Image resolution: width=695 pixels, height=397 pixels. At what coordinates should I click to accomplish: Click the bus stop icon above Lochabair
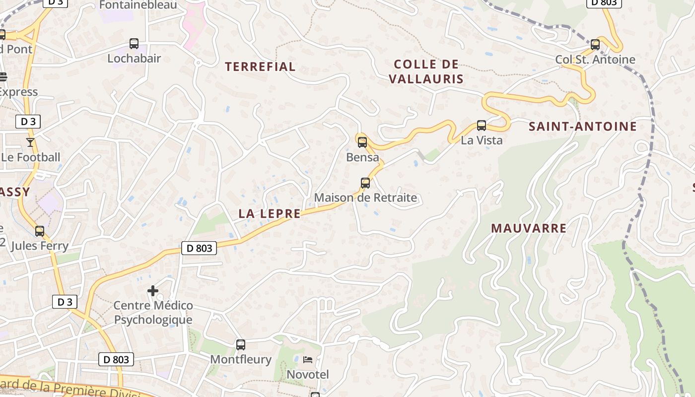pos(134,44)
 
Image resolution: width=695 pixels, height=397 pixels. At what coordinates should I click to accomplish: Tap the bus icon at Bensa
pos(362,142)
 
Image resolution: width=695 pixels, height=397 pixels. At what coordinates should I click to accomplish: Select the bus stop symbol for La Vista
pos(481,126)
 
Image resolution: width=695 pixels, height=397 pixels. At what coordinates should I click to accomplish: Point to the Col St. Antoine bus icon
pos(595,45)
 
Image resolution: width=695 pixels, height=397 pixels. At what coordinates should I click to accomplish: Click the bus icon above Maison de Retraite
pos(365,183)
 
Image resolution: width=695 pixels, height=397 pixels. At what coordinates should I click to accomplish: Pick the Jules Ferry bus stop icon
pos(40,231)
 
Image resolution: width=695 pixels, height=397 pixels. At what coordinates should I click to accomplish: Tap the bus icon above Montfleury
pos(241,344)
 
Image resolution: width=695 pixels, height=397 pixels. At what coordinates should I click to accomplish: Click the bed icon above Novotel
pos(308,359)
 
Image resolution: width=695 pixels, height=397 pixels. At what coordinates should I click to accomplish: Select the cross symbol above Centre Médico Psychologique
pos(153,290)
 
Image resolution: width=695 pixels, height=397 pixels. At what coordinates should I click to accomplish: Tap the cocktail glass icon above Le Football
pos(30,142)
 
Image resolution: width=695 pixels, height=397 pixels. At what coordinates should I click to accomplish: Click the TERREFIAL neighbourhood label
pos(260,66)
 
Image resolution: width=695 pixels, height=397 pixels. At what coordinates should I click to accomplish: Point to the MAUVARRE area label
pos(529,228)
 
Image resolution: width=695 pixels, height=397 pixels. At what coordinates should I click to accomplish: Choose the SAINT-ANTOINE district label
pos(583,127)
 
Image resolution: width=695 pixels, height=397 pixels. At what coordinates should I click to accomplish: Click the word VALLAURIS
pos(426,79)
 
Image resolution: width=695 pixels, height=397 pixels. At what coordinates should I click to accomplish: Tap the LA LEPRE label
pos(270,214)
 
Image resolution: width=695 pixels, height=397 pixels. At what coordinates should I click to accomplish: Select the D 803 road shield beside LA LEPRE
pos(199,248)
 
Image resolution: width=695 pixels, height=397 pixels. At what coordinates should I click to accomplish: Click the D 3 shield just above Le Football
pos(28,122)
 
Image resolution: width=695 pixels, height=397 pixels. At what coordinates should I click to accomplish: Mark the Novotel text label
pos(308,374)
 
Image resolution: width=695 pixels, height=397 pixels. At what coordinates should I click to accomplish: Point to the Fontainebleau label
pos(138,5)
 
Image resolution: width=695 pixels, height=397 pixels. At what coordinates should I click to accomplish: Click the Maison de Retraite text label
pos(365,198)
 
